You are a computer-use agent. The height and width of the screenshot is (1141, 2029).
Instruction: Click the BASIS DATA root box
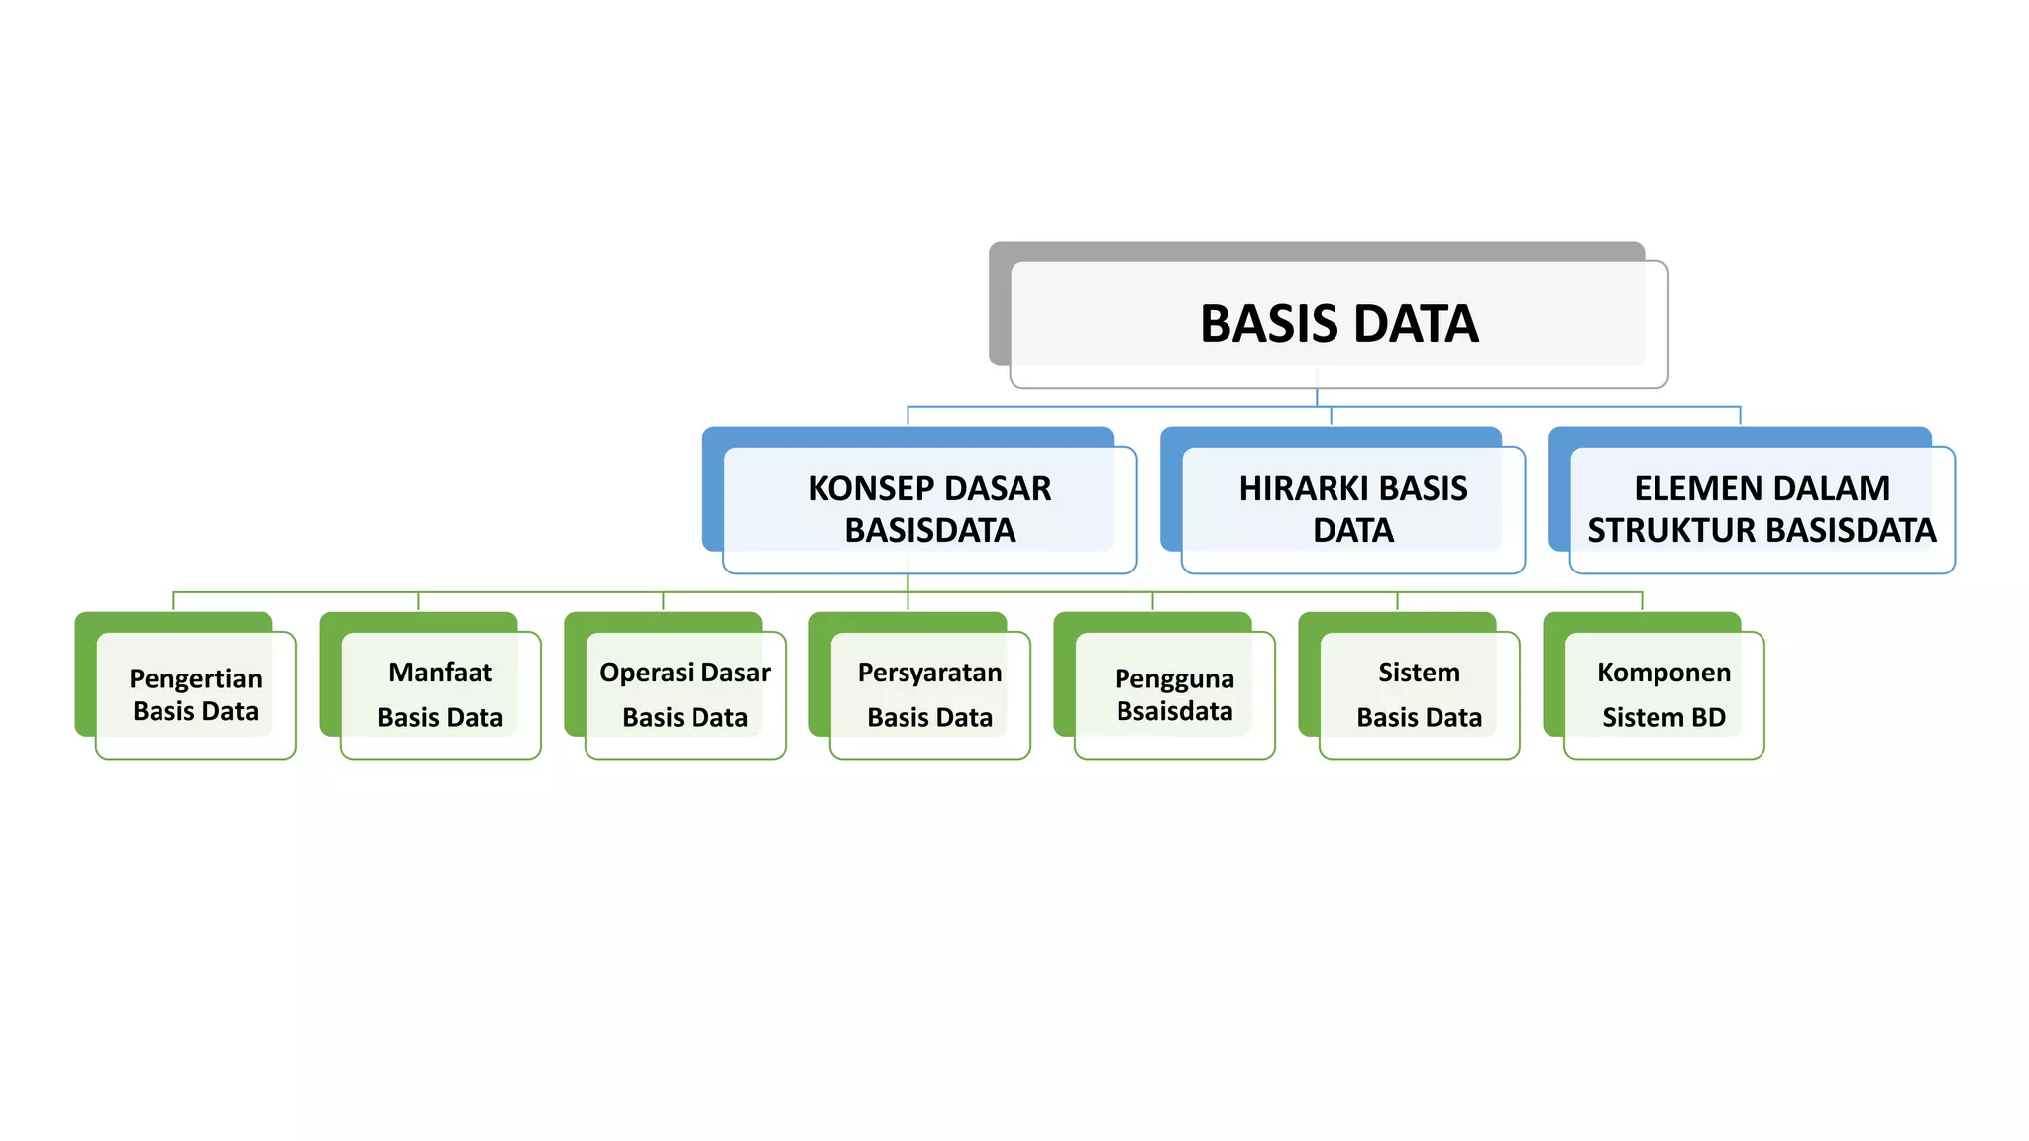point(1338,324)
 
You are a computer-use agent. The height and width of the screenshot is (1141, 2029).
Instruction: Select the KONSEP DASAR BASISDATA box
point(929,509)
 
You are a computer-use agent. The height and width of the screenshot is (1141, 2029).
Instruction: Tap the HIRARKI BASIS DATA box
point(1352,509)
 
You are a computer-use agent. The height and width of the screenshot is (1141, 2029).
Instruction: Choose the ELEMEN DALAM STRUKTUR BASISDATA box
point(1762,509)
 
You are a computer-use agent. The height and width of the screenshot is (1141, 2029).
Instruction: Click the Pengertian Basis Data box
point(195,694)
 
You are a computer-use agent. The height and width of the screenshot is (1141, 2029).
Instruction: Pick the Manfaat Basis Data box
point(440,694)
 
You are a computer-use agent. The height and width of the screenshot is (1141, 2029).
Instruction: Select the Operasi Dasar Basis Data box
point(685,694)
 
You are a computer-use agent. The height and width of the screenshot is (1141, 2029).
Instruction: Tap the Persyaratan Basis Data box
point(929,694)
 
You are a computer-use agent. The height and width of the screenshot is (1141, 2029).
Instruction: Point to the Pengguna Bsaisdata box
point(1174,694)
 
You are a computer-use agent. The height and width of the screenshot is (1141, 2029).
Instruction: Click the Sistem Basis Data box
point(1419,694)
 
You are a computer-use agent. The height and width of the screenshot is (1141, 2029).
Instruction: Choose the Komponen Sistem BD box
point(1663,694)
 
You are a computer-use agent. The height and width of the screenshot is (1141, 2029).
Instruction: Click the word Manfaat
point(440,673)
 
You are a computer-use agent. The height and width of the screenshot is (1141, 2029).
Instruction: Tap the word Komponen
point(1663,673)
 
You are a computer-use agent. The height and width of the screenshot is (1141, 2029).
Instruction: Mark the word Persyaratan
point(929,673)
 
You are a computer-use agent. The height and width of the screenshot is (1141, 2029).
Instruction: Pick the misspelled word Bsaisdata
point(1174,711)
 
